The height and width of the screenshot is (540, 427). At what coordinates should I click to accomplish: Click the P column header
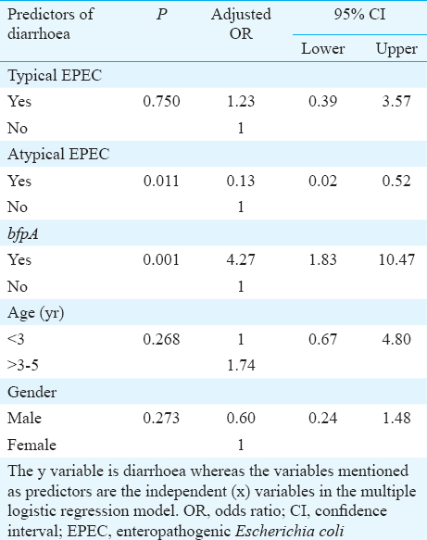pyautogui.click(x=162, y=15)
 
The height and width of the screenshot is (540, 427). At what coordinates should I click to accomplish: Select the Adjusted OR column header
pyautogui.click(x=241, y=24)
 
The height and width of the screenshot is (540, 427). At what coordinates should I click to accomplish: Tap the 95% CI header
pyautogui.click(x=359, y=15)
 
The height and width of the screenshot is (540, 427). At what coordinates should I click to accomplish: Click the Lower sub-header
pyautogui.click(x=322, y=48)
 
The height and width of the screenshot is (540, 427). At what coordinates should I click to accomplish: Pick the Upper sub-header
pyautogui.click(x=396, y=49)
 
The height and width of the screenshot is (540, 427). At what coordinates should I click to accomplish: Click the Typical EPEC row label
pyautogui.click(x=55, y=75)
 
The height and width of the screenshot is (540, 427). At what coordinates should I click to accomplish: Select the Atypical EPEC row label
pyautogui.click(x=58, y=154)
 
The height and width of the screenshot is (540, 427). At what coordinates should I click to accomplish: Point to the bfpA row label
pyautogui.click(x=23, y=234)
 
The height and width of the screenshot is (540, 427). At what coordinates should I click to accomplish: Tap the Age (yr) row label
pyautogui.click(x=36, y=313)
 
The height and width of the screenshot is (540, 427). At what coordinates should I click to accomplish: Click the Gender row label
pyautogui.click(x=32, y=392)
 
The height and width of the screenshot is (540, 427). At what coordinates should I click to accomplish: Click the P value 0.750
pyautogui.click(x=161, y=101)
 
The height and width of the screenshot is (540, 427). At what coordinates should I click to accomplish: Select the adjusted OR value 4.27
pyautogui.click(x=241, y=259)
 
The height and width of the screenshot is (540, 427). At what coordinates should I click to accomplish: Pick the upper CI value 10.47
pyautogui.click(x=396, y=259)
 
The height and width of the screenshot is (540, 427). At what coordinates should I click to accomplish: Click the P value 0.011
pyautogui.click(x=161, y=181)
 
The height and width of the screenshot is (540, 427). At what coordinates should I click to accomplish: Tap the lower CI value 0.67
pyautogui.click(x=322, y=339)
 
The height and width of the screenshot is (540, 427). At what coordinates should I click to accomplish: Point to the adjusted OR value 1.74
pyautogui.click(x=241, y=365)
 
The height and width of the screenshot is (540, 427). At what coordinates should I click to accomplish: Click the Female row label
pyautogui.click(x=31, y=445)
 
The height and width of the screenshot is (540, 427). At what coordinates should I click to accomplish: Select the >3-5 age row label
pyautogui.click(x=23, y=365)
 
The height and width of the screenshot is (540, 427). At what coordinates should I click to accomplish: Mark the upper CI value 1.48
pyautogui.click(x=396, y=418)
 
